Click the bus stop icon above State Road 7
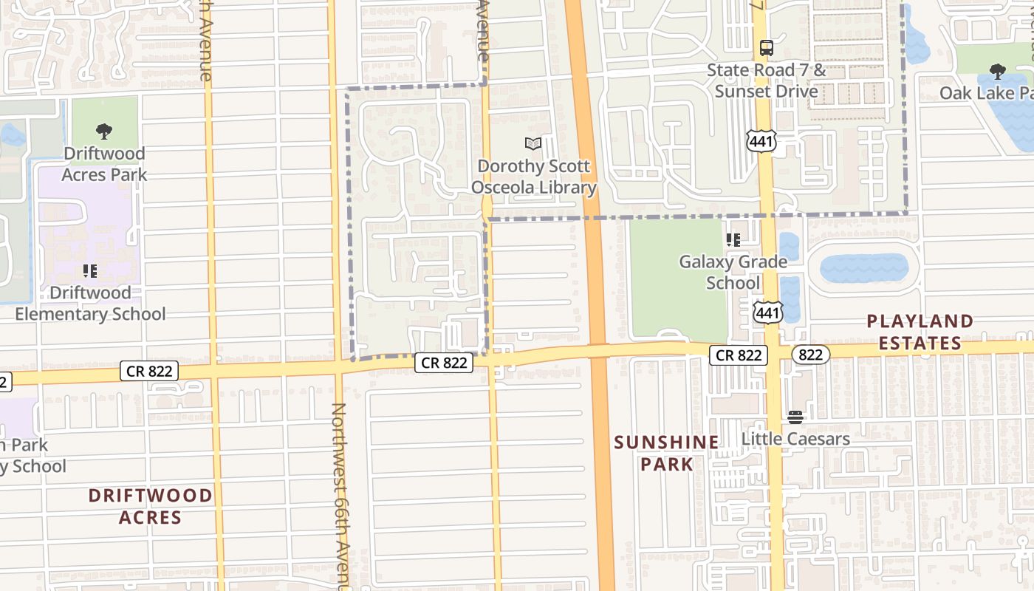(x=767, y=49)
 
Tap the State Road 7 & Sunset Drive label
(x=766, y=81)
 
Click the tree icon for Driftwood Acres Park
(x=104, y=132)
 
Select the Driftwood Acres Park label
(x=104, y=164)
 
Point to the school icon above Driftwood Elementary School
(x=90, y=271)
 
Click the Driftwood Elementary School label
(x=90, y=303)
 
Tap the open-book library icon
(x=533, y=143)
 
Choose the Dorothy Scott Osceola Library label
(x=534, y=177)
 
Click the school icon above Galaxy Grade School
(x=733, y=240)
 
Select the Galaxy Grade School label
(x=733, y=272)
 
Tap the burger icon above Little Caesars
(x=795, y=417)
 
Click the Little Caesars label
(x=795, y=439)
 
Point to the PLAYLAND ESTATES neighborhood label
(x=920, y=332)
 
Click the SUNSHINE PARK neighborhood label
(x=666, y=453)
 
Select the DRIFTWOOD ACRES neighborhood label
(x=150, y=506)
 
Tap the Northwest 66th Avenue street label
(x=339, y=495)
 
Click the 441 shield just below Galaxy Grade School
(x=768, y=312)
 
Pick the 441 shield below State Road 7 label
(x=761, y=141)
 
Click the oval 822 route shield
(x=810, y=355)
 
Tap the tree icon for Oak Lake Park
(x=997, y=72)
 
